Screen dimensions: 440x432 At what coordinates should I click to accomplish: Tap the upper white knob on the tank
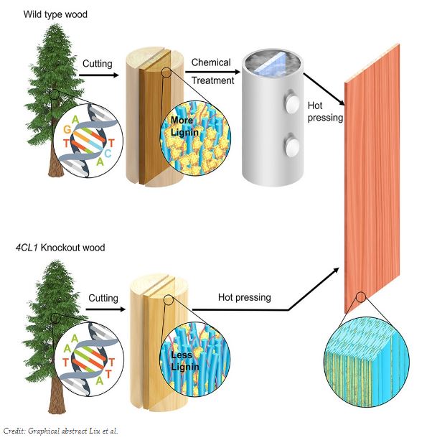(x=291, y=103)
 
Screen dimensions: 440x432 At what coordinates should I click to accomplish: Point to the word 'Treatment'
(x=213, y=80)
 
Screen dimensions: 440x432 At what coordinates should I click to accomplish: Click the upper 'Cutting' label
(x=97, y=64)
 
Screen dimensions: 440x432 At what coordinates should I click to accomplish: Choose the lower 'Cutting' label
(x=103, y=297)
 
